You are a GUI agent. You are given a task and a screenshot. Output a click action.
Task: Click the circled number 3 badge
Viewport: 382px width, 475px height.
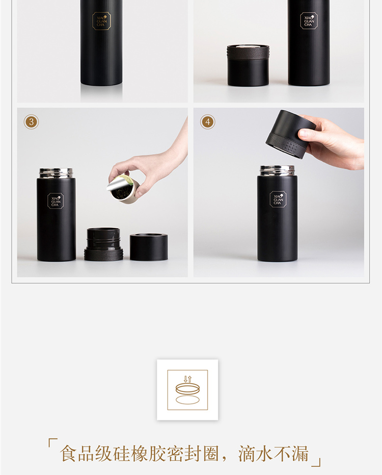(31, 122)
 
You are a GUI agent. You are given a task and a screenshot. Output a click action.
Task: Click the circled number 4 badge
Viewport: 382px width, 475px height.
(207, 122)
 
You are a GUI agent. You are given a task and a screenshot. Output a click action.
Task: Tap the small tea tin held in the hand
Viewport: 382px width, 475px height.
(121, 189)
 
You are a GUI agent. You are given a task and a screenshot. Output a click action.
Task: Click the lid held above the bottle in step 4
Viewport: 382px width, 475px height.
(290, 134)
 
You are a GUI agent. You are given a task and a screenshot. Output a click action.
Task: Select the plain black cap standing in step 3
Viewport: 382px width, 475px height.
(149, 247)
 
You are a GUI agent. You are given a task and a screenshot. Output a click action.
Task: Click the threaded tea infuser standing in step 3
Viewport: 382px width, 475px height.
(103, 244)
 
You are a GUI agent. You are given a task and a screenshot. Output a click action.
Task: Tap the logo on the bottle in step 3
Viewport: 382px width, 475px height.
(56, 201)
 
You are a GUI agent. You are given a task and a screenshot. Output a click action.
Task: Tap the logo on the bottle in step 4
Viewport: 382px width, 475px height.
(278, 199)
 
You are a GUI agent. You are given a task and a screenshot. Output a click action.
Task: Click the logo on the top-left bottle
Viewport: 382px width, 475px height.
(101, 21)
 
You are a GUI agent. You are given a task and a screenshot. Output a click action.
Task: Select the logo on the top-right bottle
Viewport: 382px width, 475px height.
(309, 21)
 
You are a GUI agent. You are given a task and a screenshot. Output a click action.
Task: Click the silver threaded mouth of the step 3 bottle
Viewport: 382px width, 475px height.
(56, 173)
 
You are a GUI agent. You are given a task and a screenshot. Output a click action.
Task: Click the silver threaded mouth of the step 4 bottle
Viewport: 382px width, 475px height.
(278, 170)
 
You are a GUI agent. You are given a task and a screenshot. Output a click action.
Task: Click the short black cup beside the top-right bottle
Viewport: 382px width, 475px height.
(248, 65)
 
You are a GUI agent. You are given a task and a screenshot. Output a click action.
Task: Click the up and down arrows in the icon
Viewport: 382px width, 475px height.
(187, 379)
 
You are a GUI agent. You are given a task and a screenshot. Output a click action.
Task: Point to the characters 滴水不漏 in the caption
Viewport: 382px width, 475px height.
(274, 454)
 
